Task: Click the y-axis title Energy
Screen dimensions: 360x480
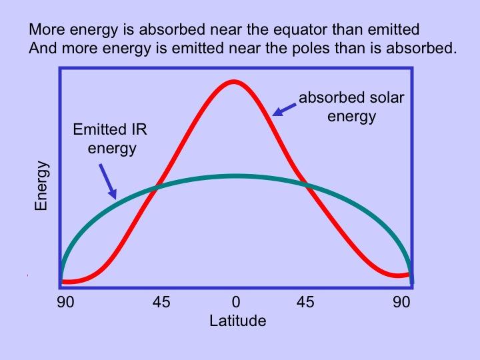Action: pyautogui.click(x=41, y=185)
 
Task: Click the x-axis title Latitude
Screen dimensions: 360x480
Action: pyautogui.click(x=237, y=321)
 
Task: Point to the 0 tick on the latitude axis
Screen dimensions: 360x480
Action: pyautogui.click(x=235, y=302)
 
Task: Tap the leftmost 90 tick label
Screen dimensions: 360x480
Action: pyautogui.click(x=65, y=302)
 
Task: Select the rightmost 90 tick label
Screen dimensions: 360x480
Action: pyautogui.click(x=401, y=302)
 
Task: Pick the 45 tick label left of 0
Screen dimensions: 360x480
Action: pyautogui.click(x=161, y=302)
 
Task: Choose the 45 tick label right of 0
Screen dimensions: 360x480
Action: pyautogui.click(x=305, y=302)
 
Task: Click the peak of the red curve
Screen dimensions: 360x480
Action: pyautogui.click(x=233, y=82)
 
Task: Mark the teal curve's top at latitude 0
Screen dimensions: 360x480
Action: pyautogui.click(x=235, y=176)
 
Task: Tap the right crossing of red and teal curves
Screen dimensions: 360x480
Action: pyautogui.click(x=308, y=187)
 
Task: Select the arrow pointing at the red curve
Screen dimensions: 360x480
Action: pyautogui.click(x=285, y=107)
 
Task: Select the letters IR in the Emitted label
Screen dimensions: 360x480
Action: pyautogui.click(x=137, y=130)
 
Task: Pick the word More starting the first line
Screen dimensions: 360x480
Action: pyautogui.click(x=44, y=30)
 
